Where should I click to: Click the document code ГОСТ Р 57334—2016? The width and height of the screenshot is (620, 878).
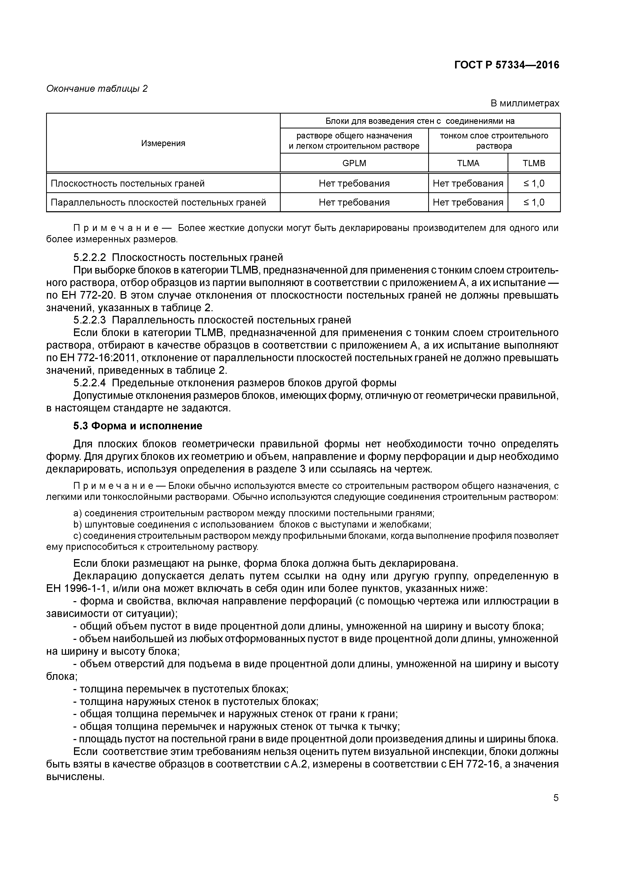pos(507,65)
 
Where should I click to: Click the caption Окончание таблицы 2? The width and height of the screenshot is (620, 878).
pos(97,89)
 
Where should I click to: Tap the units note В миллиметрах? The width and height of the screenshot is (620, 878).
pos(524,103)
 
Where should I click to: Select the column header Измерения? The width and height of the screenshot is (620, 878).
pos(163,143)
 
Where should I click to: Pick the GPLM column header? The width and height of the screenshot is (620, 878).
pos(354,163)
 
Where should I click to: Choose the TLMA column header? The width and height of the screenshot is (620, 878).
pos(468,163)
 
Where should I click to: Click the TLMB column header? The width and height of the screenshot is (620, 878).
pos(534,163)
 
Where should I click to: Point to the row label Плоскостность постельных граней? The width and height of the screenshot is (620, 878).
pos(128,184)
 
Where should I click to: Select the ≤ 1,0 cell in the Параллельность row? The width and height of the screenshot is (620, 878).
pos(534,202)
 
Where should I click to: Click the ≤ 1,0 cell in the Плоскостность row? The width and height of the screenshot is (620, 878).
pos(534,184)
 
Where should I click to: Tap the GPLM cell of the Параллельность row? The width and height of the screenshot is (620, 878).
pos(354,202)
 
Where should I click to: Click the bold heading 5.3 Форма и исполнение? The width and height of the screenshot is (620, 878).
pos(138,426)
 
